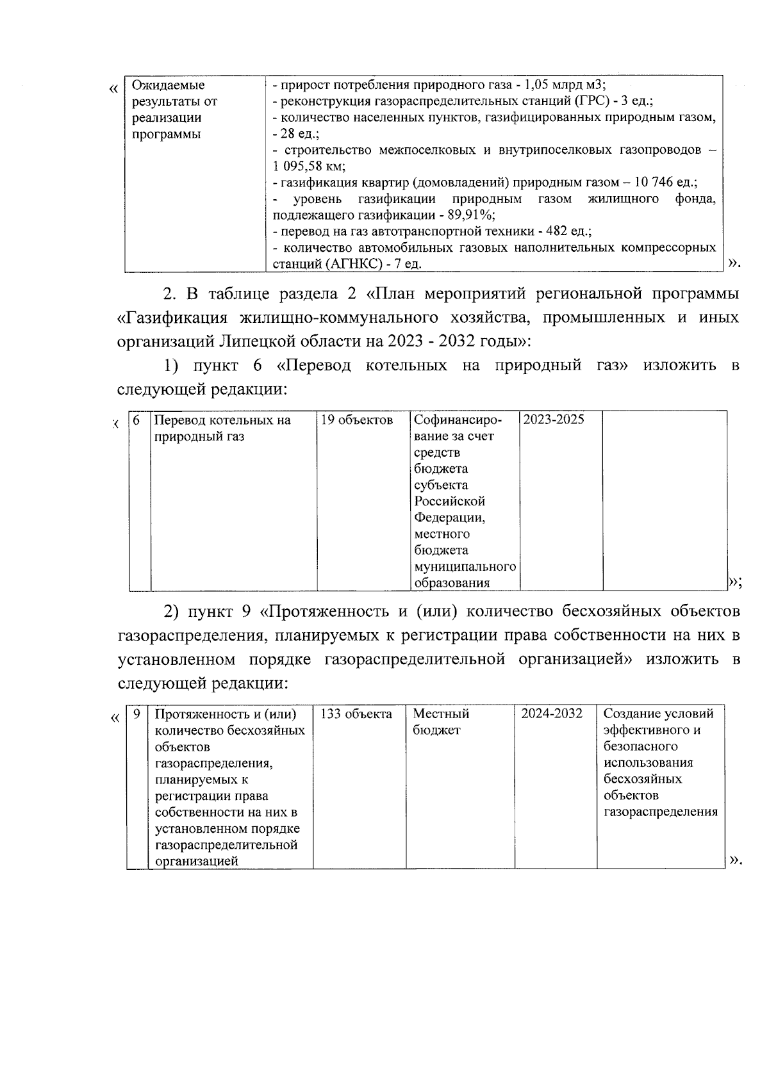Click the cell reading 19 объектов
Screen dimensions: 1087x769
[357, 420]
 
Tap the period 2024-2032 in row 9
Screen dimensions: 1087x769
[552, 714]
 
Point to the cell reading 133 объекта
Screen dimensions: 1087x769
[356, 714]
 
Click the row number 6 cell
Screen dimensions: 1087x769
[136, 420]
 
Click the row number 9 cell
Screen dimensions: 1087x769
[136, 714]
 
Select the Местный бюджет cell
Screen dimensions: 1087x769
[441, 722]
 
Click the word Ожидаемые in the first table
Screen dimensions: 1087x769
[168, 85]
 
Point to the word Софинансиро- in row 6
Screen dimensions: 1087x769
[458, 420]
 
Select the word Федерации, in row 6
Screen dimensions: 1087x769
[449, 518]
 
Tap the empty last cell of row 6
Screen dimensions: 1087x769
[664, 500]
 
